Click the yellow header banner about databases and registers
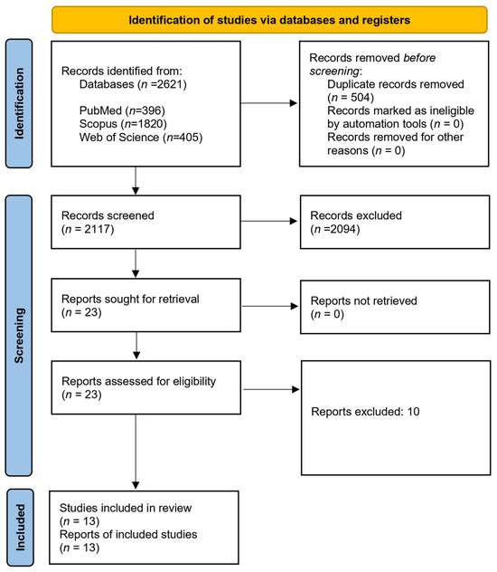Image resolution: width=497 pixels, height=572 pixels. pyautogui.click(x=269, y=20)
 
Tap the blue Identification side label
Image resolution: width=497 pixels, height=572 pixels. pyautogui.click(x=19, y=103)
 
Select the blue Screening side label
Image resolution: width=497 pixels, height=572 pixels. pyautogui.click(x=19, y=336)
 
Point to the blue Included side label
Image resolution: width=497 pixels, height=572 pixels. pyautogui.click(x=20, y=528)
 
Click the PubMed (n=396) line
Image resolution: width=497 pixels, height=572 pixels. pyautogui.click(x=122, y=110)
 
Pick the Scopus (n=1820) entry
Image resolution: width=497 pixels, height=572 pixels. pyautogui.click(x=123, y=124)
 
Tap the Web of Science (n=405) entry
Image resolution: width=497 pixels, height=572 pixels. pyautogui.click(x=141, y=138)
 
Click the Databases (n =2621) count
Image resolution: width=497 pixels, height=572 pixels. pyautogui.click(x=133, y=85)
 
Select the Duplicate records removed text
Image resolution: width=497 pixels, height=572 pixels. pyautogui.click(x=396, y=84)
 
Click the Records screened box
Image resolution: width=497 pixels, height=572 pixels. pyautogui.click(x=145, y=222)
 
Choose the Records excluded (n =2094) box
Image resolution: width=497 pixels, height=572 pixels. pyautogui.click(x=395, y=222)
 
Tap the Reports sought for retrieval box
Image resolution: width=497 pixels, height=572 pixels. pyautogui.click(x=145, y=305)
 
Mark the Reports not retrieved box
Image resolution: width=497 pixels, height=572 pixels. pyautogui.click(x=395, y=307)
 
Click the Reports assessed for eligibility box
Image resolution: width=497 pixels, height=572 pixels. pyautogui.click(x=146, y=387)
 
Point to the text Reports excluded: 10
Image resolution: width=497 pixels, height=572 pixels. pyautogui.click(x=365, y=412)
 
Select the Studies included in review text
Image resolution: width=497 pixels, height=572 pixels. pyautogui.click(x=126, y=508)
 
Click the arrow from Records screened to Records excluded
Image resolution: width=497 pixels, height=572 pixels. pyautogui.click(x=269, y=221)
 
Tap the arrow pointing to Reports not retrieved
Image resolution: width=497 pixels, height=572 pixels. pyautogui.click(x=270, y=306)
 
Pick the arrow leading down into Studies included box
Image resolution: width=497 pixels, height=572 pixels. pyautogui.click(x=136, y=452)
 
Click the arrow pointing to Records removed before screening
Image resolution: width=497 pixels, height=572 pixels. pyautogui.click(x=269, y=103)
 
